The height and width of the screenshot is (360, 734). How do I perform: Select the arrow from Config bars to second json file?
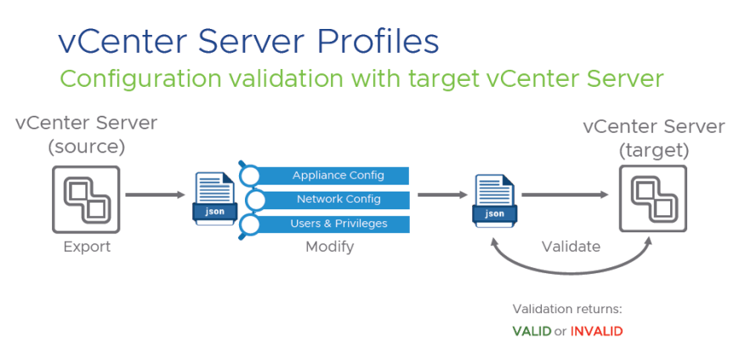(441, 195)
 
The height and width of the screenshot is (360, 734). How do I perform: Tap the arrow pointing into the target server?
(565, 195)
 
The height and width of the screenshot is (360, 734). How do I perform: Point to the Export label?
(87, 248)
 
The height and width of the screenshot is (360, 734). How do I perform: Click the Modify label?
(329, 248)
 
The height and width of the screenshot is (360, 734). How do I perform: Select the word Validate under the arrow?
(572, 248)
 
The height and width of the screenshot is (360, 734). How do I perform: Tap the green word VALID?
(532, 330)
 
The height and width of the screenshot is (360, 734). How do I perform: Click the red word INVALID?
(596, 330)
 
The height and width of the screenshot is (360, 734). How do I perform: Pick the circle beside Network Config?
(254, 200)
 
